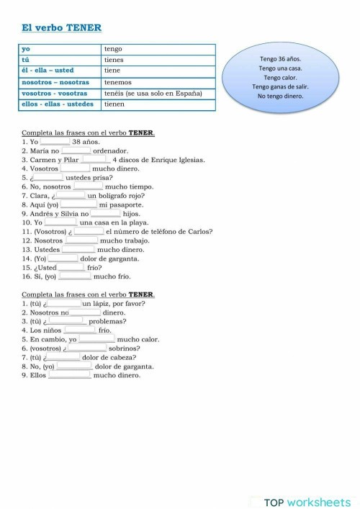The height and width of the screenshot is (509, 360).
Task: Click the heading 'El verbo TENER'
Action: pos(61,28)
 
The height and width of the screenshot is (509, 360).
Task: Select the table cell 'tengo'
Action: pos(113,49)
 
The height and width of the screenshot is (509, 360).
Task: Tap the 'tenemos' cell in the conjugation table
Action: pos(117,82)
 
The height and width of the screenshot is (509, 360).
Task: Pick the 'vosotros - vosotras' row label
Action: pos(54,94)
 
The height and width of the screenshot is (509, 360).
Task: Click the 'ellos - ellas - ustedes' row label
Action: pos(58,104)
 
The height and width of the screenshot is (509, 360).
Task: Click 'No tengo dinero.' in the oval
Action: pos(281,96)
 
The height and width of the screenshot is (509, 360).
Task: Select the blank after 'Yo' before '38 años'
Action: pos(55,142)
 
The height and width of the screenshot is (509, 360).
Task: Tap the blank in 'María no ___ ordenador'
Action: pos(76,150)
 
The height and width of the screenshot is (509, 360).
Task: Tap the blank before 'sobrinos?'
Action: pos(91,348)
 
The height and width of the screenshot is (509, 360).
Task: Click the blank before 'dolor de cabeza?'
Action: pos(63,357)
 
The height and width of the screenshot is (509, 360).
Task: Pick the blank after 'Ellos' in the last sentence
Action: pos(69,375)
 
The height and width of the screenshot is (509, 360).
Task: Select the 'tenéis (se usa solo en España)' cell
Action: pos(153,94)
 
